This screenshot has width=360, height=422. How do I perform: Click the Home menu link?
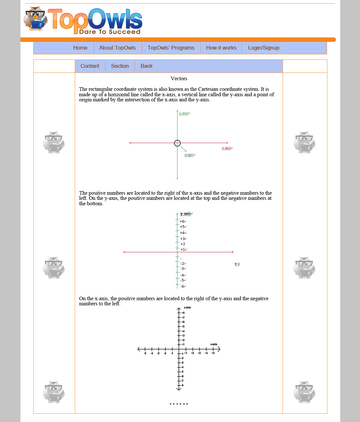pyautogui.click(x=80, y=48)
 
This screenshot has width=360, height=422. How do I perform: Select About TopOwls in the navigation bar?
pyautogui.click(x=117, y=48)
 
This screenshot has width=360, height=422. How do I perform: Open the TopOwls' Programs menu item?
pyautogui.click(x=171, y=48)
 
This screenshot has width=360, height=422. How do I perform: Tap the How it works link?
pyautogui.click(x=221, y=48)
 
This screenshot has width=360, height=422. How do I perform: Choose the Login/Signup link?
pyautogui.click(x=263, y=48)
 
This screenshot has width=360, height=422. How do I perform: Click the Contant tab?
pyautogui.click(x=90, y=66)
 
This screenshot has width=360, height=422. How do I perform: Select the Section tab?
pyautogui.click(x=120, y=66)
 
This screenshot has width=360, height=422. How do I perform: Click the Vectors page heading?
pyautogui.click(x=179, y=79)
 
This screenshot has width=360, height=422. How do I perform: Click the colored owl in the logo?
pyautogui.click(x=35, y=19)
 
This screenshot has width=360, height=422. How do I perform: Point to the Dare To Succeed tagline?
pyautogui.click(x=110, y=32)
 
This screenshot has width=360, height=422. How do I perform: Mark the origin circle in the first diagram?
pyautogui.click(x=177, y=143)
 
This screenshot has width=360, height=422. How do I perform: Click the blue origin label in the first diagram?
pyautogui.click(x=189, y=155)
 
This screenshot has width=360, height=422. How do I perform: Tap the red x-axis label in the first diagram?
pyautogui.click(x=226, y=148)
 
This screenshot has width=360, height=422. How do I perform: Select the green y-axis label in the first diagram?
pyautogui.click(x=184, y=113)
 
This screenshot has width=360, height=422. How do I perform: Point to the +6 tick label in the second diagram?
pyautogui.click(x=182, y=222)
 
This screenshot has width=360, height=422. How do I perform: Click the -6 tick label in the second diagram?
pyautogui.click(x=182, y=286)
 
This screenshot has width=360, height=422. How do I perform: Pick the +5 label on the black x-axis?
pyautogui.click(x=213, y=353)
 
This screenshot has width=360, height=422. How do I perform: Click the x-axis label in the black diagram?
pyautogui.click(x=214, y=344)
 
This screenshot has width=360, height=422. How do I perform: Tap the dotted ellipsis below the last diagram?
pyautogui.click(x=179, y=404)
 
